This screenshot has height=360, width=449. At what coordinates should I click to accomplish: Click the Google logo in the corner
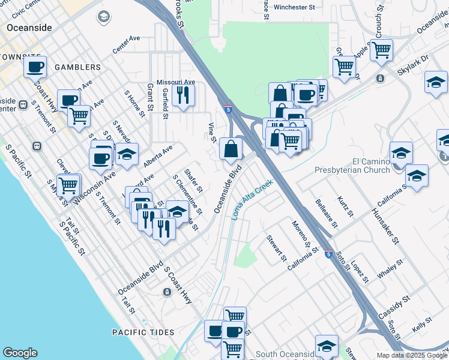point(20,353)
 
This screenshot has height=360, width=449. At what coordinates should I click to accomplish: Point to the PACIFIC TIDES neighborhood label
point(143,332)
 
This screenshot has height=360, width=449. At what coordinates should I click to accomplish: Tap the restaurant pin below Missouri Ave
point(182,95)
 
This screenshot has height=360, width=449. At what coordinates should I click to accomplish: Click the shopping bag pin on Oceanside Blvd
point(231,149)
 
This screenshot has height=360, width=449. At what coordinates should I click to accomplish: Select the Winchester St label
point(294,8)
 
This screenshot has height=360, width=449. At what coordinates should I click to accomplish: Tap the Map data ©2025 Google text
point(411,355)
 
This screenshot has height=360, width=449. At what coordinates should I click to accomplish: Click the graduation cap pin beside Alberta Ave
point(127,155)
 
